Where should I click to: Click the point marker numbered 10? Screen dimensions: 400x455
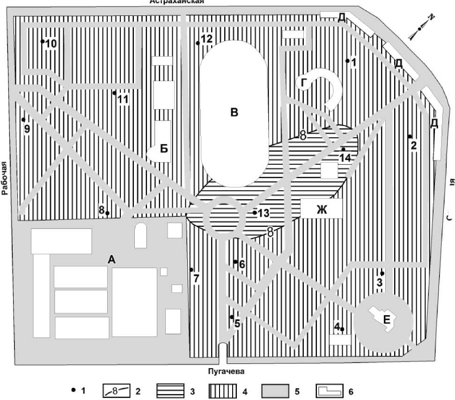coord(43,41)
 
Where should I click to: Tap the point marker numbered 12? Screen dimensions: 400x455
coord(198,43)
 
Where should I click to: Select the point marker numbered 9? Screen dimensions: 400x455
coord(23,119)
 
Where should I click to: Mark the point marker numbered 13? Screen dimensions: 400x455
coord(255,213)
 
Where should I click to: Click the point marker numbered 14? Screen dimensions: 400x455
coord(344,149)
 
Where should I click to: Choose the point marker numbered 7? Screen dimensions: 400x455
coord(191,269)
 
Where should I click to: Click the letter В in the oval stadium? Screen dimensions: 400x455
coord(235,112)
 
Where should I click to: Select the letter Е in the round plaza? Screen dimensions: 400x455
coord(386,320)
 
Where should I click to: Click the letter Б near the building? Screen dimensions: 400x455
coord(164,149)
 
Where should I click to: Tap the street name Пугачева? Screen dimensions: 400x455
coord(227,372)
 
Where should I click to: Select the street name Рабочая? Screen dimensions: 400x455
coord(5,178)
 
